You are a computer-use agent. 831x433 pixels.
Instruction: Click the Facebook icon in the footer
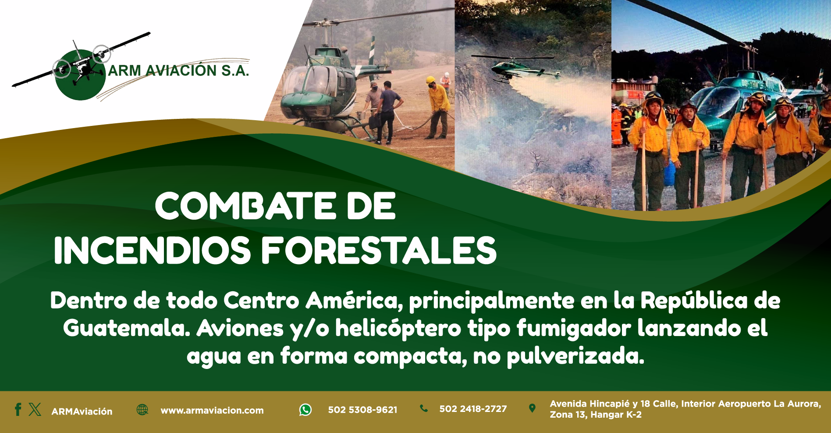coord(18,409)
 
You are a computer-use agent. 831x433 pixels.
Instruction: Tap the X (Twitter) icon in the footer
coord(35,409)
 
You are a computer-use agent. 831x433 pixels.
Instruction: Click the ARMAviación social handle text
coord(82,412)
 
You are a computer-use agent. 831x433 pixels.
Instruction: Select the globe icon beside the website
coord(142,409)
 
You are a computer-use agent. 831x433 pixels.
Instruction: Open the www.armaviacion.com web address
coord(212,411)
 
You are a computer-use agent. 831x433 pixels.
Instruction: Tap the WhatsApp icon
coord(305,410)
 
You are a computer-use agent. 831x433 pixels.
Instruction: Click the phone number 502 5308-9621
coord(362,410)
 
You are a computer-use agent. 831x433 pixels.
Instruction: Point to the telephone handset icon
coord(424,408)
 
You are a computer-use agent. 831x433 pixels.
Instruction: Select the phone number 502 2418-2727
coord(473,409)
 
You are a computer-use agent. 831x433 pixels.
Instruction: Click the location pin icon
coord(532,408)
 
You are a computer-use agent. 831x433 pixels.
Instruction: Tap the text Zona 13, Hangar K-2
coord(596,415)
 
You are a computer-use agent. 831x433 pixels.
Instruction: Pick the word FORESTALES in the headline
coord(379,250)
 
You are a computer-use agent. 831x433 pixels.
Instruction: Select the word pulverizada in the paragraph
coord(575,356)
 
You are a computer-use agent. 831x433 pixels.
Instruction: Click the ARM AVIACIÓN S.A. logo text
coord(178,71)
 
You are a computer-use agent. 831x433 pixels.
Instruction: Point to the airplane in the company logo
coord(81,61)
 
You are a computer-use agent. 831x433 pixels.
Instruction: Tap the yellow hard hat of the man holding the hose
coord(431,80)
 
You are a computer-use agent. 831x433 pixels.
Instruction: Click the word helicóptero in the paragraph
coord(398,329)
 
